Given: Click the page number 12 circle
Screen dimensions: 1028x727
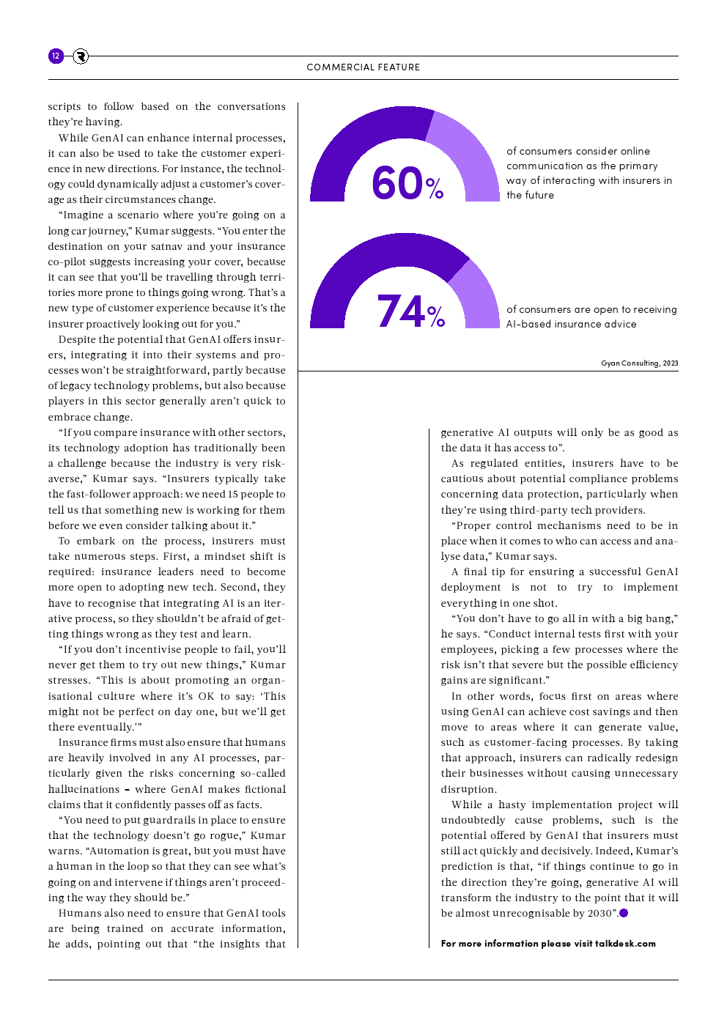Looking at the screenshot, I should pos(56,56).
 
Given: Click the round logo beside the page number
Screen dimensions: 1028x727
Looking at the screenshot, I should pos(81,56).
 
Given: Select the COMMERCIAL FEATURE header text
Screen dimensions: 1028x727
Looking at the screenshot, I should pos(363,67).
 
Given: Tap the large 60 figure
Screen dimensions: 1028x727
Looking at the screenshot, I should pos(397,183).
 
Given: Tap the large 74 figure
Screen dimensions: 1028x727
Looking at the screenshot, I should pos(401,311).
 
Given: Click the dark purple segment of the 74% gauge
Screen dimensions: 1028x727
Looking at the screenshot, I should pos(366,264).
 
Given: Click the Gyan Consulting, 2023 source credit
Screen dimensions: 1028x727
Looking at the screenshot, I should pos(639,363).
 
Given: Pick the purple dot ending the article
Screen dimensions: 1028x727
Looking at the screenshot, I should pos(624,913).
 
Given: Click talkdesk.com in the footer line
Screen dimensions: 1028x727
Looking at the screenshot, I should pos(625,944).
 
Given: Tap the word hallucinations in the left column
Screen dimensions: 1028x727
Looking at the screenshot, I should pos(84,789).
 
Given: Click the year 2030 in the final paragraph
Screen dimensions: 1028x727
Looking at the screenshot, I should pos(599,913).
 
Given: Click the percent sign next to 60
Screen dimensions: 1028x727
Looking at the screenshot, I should pos(435,189).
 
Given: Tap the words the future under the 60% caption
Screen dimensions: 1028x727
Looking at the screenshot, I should pos(530,195).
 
